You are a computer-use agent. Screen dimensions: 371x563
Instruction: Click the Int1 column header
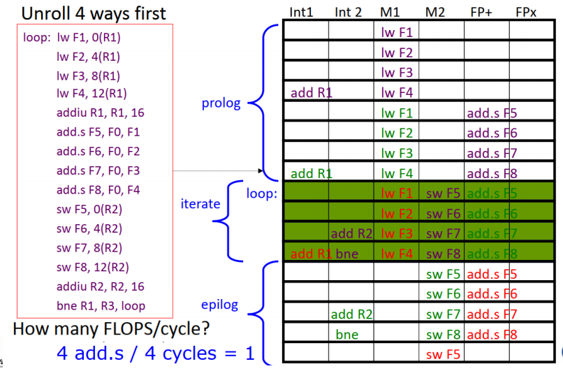[302, 12]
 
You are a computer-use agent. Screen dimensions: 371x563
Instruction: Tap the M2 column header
[434, 12]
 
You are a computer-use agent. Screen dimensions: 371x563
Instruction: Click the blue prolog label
[221, 103]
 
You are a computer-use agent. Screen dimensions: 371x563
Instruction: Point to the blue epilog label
[219, 305]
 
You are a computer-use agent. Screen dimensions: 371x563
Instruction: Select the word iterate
[200, 204]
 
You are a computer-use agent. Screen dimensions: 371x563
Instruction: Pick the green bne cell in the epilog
[346, 334]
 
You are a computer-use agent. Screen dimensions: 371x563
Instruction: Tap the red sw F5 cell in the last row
[440, 354]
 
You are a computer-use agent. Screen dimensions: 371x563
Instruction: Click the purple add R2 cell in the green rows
[352, 233]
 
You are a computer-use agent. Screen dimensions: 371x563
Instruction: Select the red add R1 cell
[307, 254]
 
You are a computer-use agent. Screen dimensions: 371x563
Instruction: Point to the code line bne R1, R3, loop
[101, 306]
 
